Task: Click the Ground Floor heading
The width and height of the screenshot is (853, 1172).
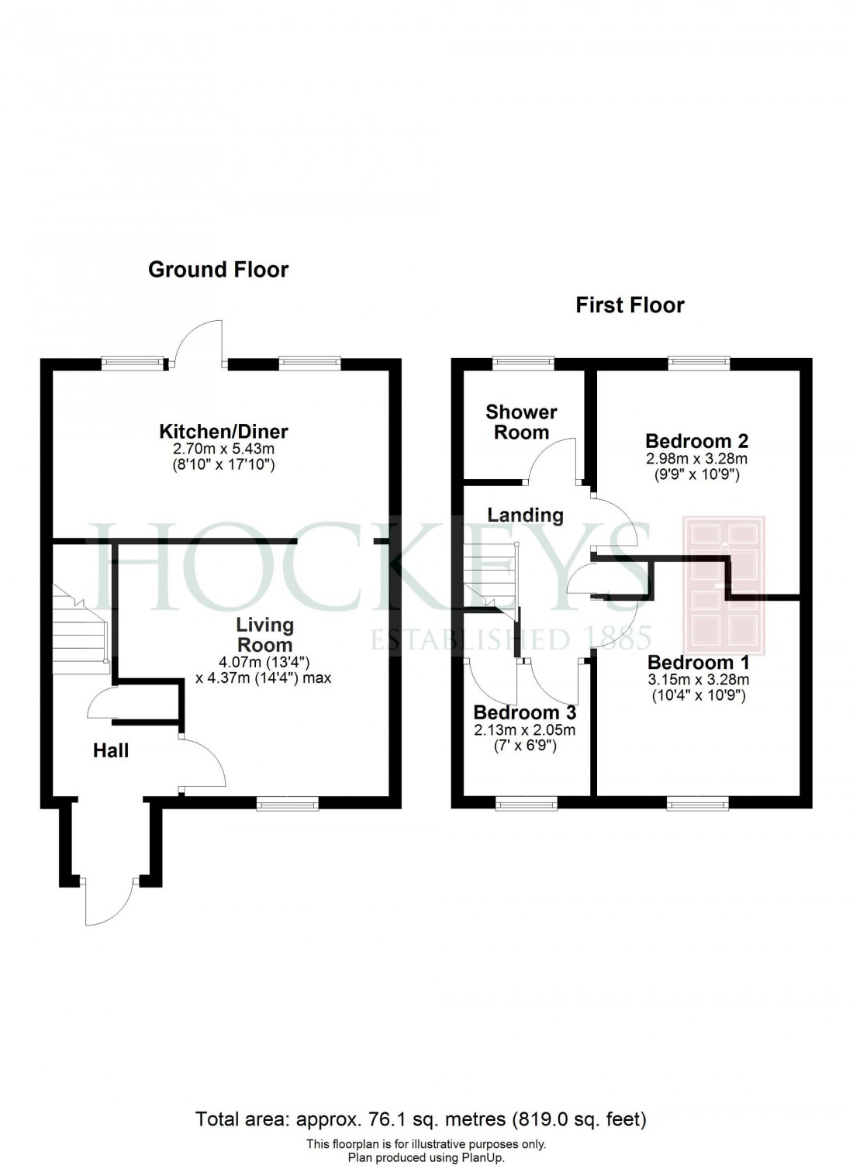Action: (x=218, y=270)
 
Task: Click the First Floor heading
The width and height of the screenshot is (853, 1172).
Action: (x=630, y=305)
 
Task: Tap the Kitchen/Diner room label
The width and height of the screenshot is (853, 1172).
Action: (x=223, y=431)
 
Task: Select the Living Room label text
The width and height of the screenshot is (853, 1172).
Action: (x=264, y=635)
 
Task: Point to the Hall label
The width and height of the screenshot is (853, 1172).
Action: (x=111, y=750)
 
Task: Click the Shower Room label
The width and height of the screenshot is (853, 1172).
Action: (x=521, y=422)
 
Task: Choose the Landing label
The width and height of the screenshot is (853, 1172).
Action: (x=525, y=515)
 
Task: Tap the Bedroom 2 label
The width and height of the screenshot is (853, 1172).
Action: (x=696, y=441)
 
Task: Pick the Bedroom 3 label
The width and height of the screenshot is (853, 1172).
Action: (x=524, y=712)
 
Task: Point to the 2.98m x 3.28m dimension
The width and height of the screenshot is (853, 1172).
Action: (x=696, y=458)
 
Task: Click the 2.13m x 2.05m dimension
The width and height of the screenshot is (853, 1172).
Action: (x=524, y=730)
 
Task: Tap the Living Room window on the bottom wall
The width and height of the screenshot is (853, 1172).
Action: (x=288, y=805)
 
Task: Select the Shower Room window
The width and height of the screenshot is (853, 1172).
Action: (x=524, y=360)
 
